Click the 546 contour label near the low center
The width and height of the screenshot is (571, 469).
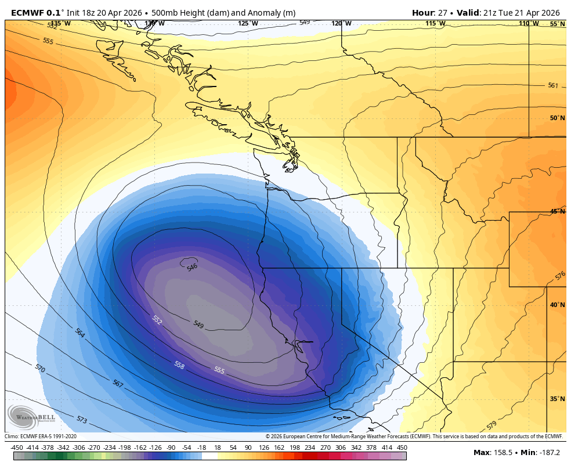pos(192,268)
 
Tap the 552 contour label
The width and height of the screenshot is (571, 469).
pos(157,320)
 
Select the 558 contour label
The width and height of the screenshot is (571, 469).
pos(179,365)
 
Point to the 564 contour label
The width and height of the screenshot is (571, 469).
pos(80,333)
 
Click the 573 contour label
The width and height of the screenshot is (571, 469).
pos(82,419)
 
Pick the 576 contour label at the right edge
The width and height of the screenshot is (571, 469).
pos(560,276)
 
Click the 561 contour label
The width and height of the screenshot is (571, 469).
pos(553,86)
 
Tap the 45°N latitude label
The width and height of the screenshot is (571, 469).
pos(557,212)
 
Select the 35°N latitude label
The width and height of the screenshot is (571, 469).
pos(557,399)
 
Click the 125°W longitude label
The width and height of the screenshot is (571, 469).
pos(248,24)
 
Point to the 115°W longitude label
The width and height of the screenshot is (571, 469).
pos(435,24)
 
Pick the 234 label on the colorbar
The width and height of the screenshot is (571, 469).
pos(310,448)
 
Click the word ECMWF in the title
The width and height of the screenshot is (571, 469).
pos(27,13)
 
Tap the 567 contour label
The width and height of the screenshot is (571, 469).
pos(118,384)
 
